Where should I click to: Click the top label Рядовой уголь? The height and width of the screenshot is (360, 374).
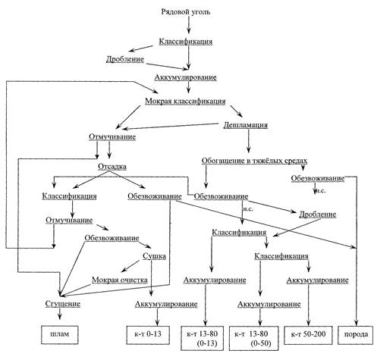click(x=186, y=12)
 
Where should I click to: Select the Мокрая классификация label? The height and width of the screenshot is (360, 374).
click(x=185, y=102)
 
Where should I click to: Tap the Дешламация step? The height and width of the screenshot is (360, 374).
click(x=246, y=125)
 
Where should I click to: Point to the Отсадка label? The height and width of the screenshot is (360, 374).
click(x=112, y=167)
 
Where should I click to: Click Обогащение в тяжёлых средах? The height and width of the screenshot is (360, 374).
click(x=254, y=161)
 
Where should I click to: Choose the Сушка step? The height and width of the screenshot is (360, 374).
click(x=154, y=256)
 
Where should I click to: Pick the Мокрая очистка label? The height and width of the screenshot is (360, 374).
click(x=120, y=280)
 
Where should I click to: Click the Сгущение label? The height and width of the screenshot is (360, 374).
click(x=63, y=304)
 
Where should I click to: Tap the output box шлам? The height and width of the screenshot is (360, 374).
click(x=60, y=334)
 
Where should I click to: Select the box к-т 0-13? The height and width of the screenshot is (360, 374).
click(x=148, y=334)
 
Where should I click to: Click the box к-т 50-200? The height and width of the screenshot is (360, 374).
click(x=308, y=335)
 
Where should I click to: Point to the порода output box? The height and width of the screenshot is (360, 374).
click(x=356, y=335)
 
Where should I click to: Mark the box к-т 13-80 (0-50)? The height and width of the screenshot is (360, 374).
click(x=254, y=338)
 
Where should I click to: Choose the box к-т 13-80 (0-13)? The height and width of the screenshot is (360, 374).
click(x=202, y=338)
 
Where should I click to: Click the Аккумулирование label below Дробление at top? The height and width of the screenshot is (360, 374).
click(x=186, y=77)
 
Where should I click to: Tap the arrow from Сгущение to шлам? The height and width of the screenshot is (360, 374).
click(x=60, y=314)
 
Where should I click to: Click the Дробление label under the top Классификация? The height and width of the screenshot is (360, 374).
click(x=125, y=59)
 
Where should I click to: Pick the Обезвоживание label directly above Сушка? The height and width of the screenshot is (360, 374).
click(x=112, y=238)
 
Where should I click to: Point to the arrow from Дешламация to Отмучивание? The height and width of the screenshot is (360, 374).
click(x=171, y=127)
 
